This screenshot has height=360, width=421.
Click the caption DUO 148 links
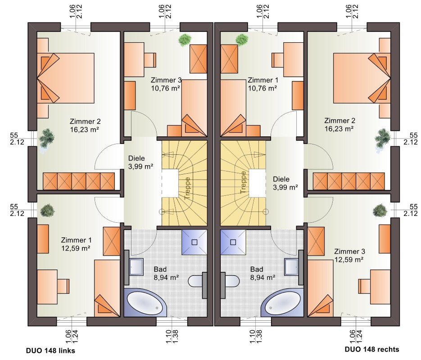[x=50, y=351]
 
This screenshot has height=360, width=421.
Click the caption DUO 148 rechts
[x=372, y=349]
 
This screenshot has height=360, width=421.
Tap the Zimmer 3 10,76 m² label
[x=166, y=84]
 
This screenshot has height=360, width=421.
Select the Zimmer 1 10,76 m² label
[x=263, y=84]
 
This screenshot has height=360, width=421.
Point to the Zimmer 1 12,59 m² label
[x=76, y=244]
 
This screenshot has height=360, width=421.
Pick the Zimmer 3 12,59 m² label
[x=349, y=256]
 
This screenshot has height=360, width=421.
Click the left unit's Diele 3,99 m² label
[x=140, y=162]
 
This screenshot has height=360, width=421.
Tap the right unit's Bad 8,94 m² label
[x=263, y=273]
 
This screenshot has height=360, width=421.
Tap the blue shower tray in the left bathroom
[x=195, y=242]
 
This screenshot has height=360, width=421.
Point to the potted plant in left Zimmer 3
[x=185, y=40]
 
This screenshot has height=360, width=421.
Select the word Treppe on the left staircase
[x=187, y=188]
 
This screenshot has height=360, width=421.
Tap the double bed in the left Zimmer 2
[x=65, y=78]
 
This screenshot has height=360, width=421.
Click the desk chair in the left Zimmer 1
[x=63, y=286]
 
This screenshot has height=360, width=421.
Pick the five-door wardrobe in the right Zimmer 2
[x=349, y=182]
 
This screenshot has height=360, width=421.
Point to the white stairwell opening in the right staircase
[x=257, y=183]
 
